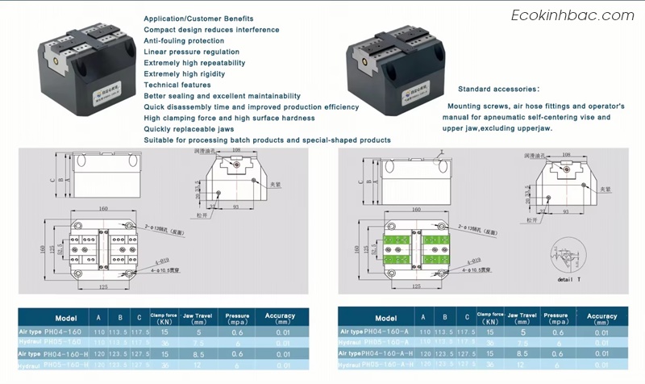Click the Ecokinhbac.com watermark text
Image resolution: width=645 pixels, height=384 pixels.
coord(573,15)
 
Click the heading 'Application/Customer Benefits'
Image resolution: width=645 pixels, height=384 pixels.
coord(198,19)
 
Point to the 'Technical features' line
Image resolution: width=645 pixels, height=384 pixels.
coord(177,85)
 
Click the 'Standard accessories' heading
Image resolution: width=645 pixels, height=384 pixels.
coord(498,89)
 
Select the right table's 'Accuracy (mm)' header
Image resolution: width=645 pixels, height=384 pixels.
coord(601,319)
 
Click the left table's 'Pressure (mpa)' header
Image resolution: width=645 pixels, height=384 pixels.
coord(238,318)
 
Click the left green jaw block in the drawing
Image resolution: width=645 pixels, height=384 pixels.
coord(398,248)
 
